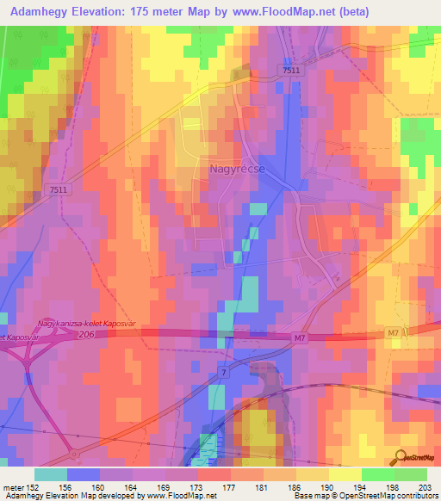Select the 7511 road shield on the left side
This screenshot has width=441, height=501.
coord(59,189)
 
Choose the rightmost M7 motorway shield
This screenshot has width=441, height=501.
coord(394,332)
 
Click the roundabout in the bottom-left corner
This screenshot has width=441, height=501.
coord(75,453)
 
